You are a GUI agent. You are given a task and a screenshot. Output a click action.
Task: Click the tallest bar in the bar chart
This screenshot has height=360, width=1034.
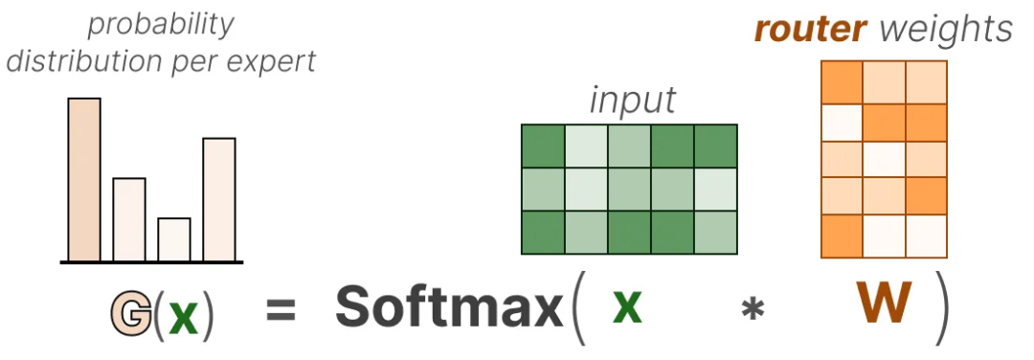click(84, 179)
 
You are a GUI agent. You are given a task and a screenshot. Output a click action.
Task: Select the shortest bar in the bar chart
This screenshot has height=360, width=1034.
click(174, 239)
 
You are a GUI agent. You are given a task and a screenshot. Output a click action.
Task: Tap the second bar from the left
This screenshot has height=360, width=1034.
click(129, 219)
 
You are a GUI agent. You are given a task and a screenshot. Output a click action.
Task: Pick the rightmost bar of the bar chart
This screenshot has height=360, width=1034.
click(219, 200)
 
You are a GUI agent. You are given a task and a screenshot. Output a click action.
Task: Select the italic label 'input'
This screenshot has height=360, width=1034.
click(633, 101)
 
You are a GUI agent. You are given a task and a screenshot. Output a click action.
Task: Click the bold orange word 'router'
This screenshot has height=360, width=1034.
click(808, 30)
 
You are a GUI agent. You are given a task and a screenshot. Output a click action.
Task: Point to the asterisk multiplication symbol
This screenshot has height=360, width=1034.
click(752, 310)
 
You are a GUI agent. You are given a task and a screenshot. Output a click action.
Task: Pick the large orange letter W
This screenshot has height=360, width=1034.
click(884, 304)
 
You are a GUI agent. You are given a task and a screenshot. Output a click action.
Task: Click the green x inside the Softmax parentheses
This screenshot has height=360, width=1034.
click(627, 307)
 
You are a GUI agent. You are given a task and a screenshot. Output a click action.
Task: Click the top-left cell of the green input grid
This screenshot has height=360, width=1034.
click(544, 146)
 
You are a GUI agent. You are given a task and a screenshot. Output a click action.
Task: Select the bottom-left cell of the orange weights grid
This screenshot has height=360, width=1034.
click(842, 236)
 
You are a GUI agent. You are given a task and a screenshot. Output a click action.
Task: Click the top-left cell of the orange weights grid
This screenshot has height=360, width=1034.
click(842, 82)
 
